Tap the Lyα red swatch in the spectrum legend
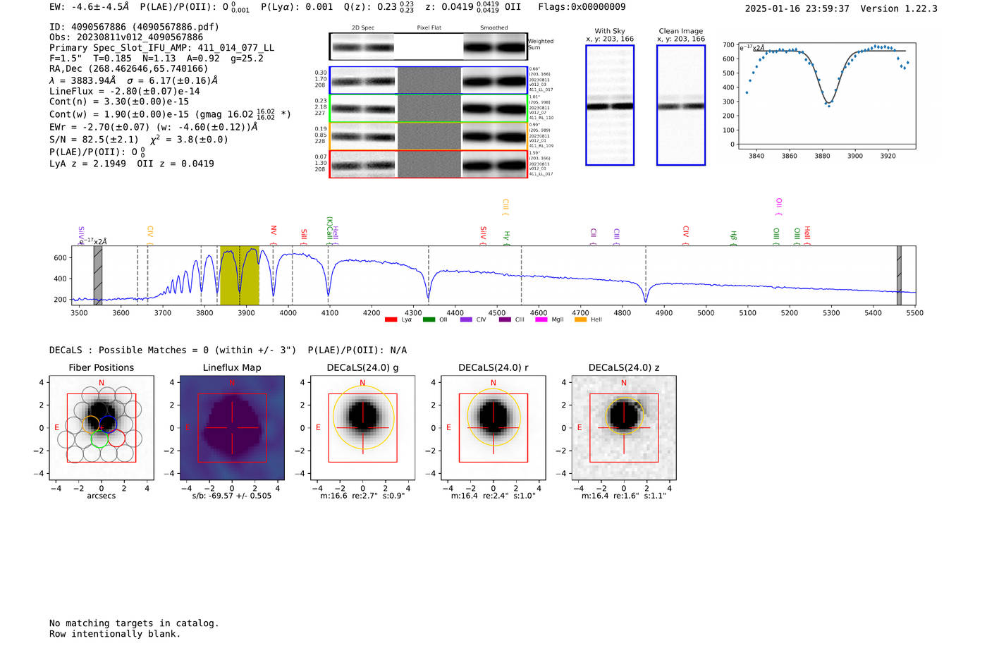click(x=391, y=320)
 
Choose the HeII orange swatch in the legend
click(x=580, y=320)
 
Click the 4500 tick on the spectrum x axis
click(x=497, y=313)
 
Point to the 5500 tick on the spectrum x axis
click(x=914, y=313)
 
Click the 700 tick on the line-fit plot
click(x=728, y=45)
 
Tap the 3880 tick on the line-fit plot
click(x=822, y=156)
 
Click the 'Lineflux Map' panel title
click(x=231, y=367)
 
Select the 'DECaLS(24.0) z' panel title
click(x=623, y=367)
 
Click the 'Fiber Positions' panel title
click(x=101, y=367)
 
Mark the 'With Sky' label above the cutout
click(x=610, y=31)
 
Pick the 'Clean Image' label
click(x=680, y=31)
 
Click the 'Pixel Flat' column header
click(x=429, y=28)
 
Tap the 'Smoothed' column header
click(x=493, y=28)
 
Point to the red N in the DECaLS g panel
click(x=362, y=384)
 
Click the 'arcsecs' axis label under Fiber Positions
click(x=101, y=496)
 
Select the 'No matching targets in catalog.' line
click(x=134, y=623)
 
